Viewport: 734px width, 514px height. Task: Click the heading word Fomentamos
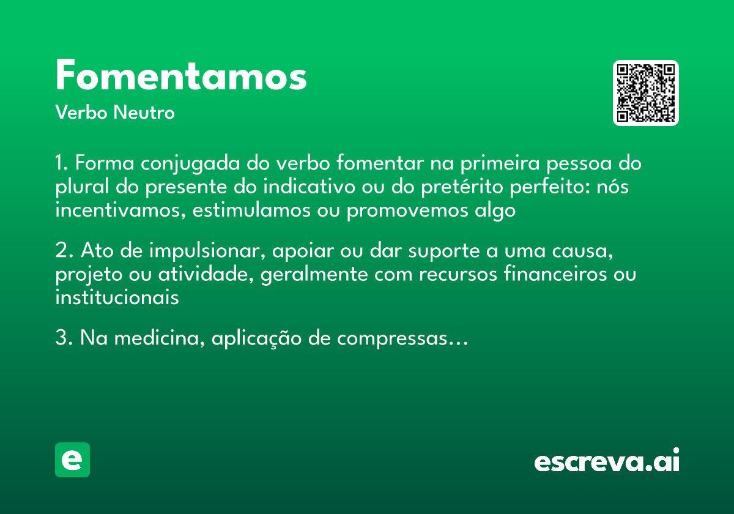(181, 76)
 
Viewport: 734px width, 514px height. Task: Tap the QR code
(646, 93)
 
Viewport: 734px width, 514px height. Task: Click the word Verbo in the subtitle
(81, 113)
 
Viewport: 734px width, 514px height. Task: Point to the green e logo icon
(72, 460)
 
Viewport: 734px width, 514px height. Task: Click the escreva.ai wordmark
(607, 461)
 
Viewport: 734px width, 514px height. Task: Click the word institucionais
(117, 298)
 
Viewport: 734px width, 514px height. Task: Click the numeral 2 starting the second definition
(61, 251)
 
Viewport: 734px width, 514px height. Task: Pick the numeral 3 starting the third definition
(61, 338)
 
